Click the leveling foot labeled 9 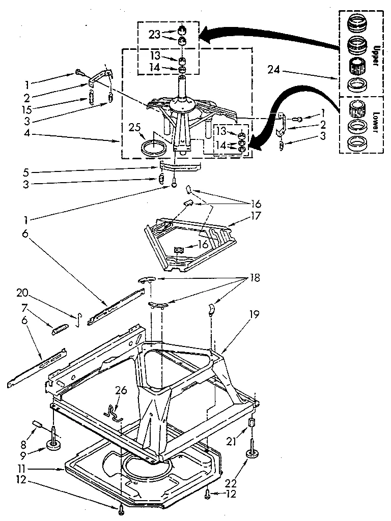pyautogui.click(x=53, y=446)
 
